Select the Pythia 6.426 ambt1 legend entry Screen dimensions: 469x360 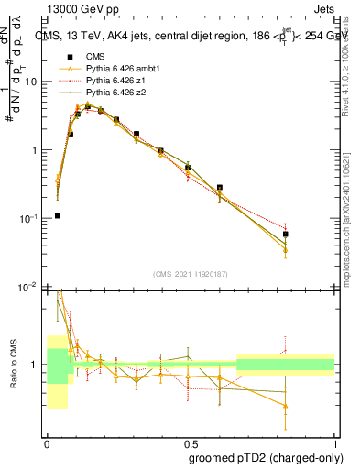[116, 70]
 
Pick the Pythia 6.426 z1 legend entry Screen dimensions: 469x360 [112, 82]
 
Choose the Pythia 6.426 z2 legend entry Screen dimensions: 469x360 [112, 93]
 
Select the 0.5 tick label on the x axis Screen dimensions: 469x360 [191, 441]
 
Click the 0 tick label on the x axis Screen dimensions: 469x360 [47, 441]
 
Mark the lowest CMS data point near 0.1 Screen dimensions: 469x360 [58, 216]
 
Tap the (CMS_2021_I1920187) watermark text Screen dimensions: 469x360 [190, 273]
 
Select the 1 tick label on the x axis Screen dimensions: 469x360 [334, 441]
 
